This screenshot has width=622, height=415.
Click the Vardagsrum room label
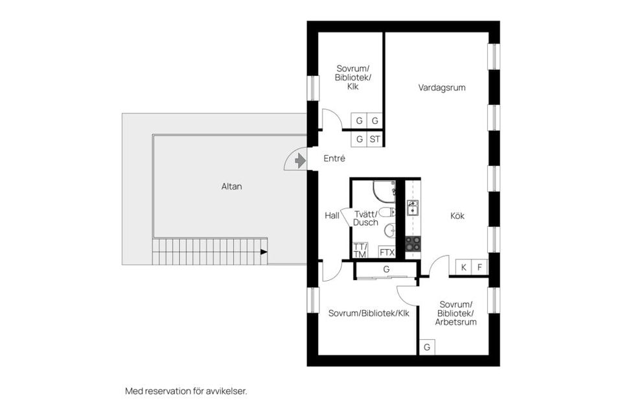click(x=441, y=87)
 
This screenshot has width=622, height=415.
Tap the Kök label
click(x=457, y=216)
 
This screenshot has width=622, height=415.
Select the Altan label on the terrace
click(x=231, y=186)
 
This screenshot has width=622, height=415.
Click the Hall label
click(x=332, y=216)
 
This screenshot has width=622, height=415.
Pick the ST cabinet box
click(x=375, y=139)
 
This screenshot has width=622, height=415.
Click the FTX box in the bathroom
click(x=387, y=252)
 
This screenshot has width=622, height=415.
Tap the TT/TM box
click(x=360, y=250)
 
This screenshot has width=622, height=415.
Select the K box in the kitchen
click(x=464, y=267)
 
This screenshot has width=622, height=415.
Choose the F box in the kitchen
click(x=480, y=267)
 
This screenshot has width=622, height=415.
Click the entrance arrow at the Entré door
click(x=299, y=160)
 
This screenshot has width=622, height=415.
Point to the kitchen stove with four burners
click(x=413, y=244)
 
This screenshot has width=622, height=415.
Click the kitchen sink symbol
click(x=413, y=207)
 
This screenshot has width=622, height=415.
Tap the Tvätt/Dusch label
click(x=366, y=217)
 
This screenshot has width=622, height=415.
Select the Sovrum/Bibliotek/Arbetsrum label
click(x=456, y=313)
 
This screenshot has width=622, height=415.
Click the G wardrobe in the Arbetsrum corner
click(x=427, y=348)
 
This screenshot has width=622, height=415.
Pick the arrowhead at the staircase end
click(x=264, y=252)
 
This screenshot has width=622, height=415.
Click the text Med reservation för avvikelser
click(x=186, y=391)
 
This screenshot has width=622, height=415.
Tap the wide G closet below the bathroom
click(x=386, y=269)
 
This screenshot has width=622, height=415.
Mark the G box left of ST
click(x=359, y=139)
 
